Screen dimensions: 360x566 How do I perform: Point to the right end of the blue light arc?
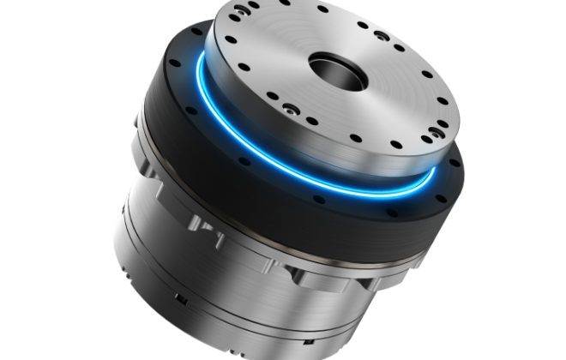(433, 172)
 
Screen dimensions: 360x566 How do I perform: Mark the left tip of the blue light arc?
(199, 69)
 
